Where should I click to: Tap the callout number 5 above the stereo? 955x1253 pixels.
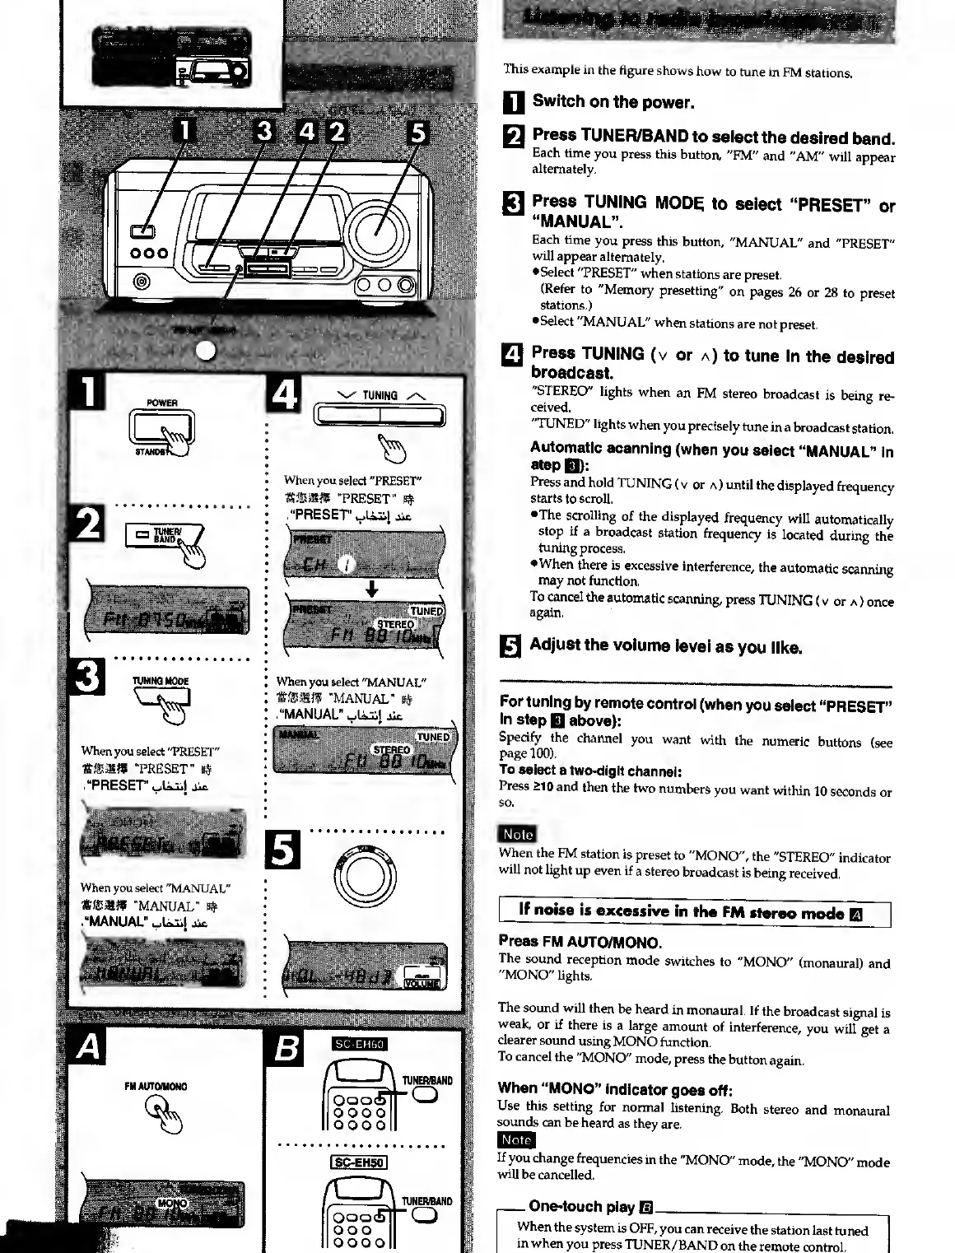tap(418, 133)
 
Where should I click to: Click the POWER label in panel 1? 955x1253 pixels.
tap(162, 403)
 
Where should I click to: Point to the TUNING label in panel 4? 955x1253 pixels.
tap(380, 396)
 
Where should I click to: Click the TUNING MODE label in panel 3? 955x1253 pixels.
tap(161, 681)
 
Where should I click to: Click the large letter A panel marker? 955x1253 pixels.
tap(88, 1047)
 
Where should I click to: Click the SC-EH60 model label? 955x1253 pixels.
tap(359, 1045)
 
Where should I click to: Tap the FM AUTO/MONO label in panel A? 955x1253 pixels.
tap(156, 1087)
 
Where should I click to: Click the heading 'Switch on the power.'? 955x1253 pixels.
tap(613, 102)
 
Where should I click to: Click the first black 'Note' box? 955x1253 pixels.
tap(517, 834)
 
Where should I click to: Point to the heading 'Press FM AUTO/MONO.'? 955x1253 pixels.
tap(580, 942)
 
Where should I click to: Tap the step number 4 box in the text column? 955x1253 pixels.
tap(512, 355)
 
